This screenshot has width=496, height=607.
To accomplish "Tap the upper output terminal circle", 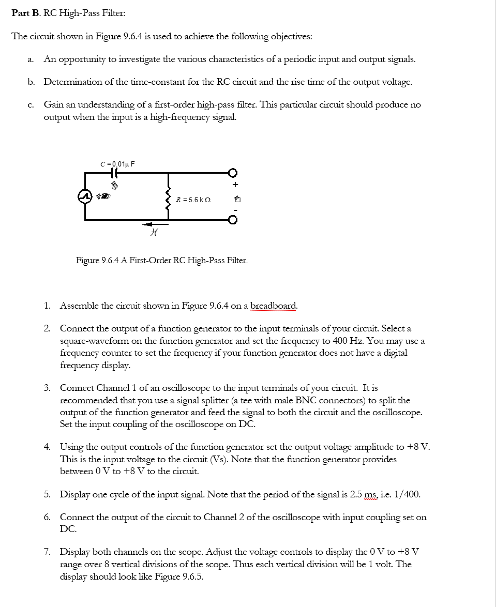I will (233, 173).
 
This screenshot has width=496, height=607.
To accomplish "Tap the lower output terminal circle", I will (233, 221).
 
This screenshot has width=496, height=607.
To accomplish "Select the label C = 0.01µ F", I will (117, 164).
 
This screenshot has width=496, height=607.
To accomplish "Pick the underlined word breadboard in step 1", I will (274, 306).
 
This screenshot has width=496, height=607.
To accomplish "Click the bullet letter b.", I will (32, 82).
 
